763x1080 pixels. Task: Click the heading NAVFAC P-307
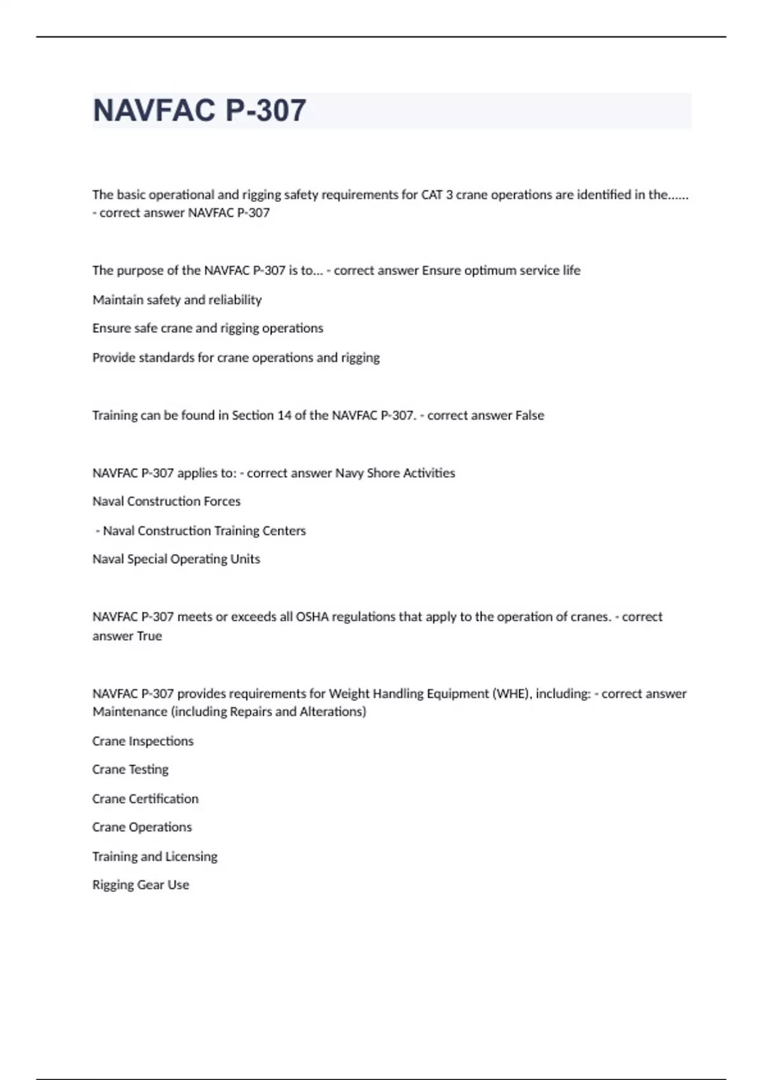[199, 111]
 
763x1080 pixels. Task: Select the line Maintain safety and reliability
[177, 299]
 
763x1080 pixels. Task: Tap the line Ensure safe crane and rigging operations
[207, 328]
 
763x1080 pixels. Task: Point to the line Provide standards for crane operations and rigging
[236, 357]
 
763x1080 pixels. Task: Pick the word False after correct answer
[530, 415]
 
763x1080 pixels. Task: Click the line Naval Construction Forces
[167, 501]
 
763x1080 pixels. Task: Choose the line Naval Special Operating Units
[176, 559]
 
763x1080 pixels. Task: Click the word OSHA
[312, 616]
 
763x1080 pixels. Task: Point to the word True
[149, 636]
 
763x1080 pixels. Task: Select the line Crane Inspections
[142, 741]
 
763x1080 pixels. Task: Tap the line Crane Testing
[130, 769]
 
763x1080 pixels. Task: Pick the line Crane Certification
[145, 799]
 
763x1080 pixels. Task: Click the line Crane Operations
[142, 827]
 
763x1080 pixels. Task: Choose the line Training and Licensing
[155, 856]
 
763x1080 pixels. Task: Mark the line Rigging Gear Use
[141, 885]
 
